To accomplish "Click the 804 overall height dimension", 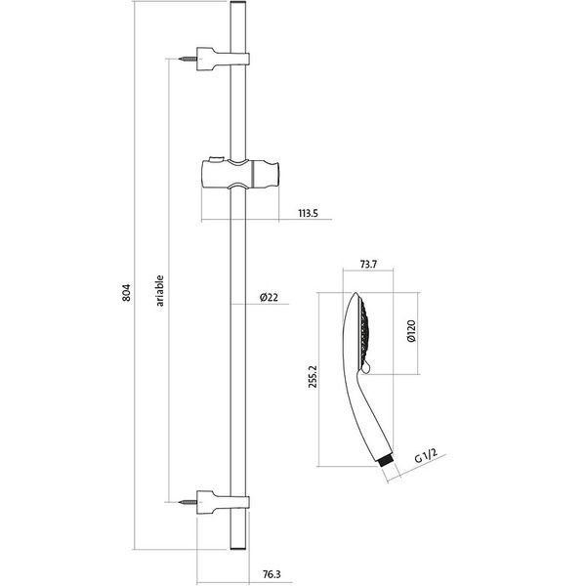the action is tap(127, 293).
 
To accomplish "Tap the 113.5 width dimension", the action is tap(308, 213).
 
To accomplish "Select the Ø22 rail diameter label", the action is tap(270, 298).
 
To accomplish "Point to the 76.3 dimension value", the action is tap(272, 574).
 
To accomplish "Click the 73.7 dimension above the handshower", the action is tap(368, 265).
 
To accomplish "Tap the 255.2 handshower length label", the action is tap(313, 377).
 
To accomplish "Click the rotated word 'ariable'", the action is tap(160, 291).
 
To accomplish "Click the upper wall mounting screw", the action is tap(188, 59).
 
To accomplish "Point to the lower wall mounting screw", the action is tap(188, 502).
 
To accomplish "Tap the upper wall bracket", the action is tap(223, 59).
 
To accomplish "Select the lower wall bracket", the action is tap(223, 502).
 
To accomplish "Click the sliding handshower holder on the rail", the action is tap(240, 174).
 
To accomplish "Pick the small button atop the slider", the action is tap(217, 158).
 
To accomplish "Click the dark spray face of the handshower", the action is tap(364, 333).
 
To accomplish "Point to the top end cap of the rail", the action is tap(238, 3).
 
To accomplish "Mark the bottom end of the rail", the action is tap(238, 548).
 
